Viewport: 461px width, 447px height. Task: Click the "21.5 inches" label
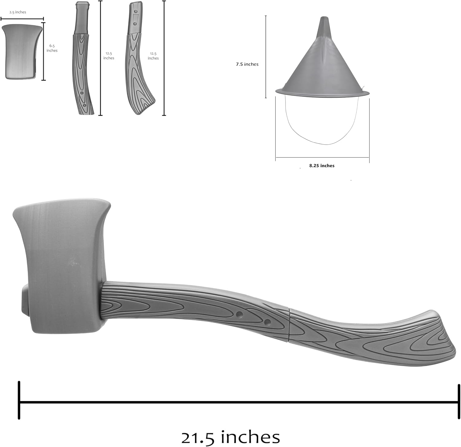coord(230,437)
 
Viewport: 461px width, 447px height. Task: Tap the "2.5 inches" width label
coord(18,12)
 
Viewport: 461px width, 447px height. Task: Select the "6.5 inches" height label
coord(52,48)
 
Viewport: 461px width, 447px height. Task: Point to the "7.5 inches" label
coord(247,64)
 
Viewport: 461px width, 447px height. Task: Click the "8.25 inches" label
coord(322,166)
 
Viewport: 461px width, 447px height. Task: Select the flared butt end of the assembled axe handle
coord(439,338)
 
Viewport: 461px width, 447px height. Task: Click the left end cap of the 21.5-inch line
coord(19,400)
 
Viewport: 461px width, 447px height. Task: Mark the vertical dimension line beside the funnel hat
coord(266,57)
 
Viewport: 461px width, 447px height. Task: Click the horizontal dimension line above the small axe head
coord(22,19)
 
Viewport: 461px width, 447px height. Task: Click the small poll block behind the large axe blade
coord(25,300)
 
